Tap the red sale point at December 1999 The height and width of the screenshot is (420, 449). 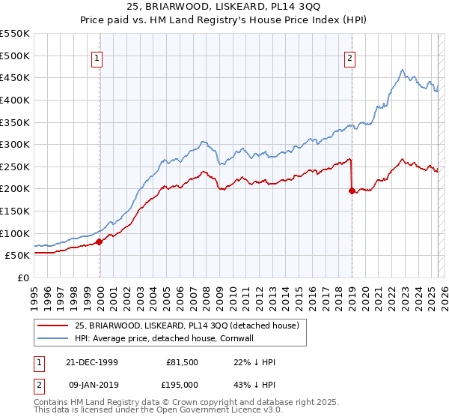click(99, 241)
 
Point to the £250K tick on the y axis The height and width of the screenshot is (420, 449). click(16, 166)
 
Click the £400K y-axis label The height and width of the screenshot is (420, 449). click(16, 100)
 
